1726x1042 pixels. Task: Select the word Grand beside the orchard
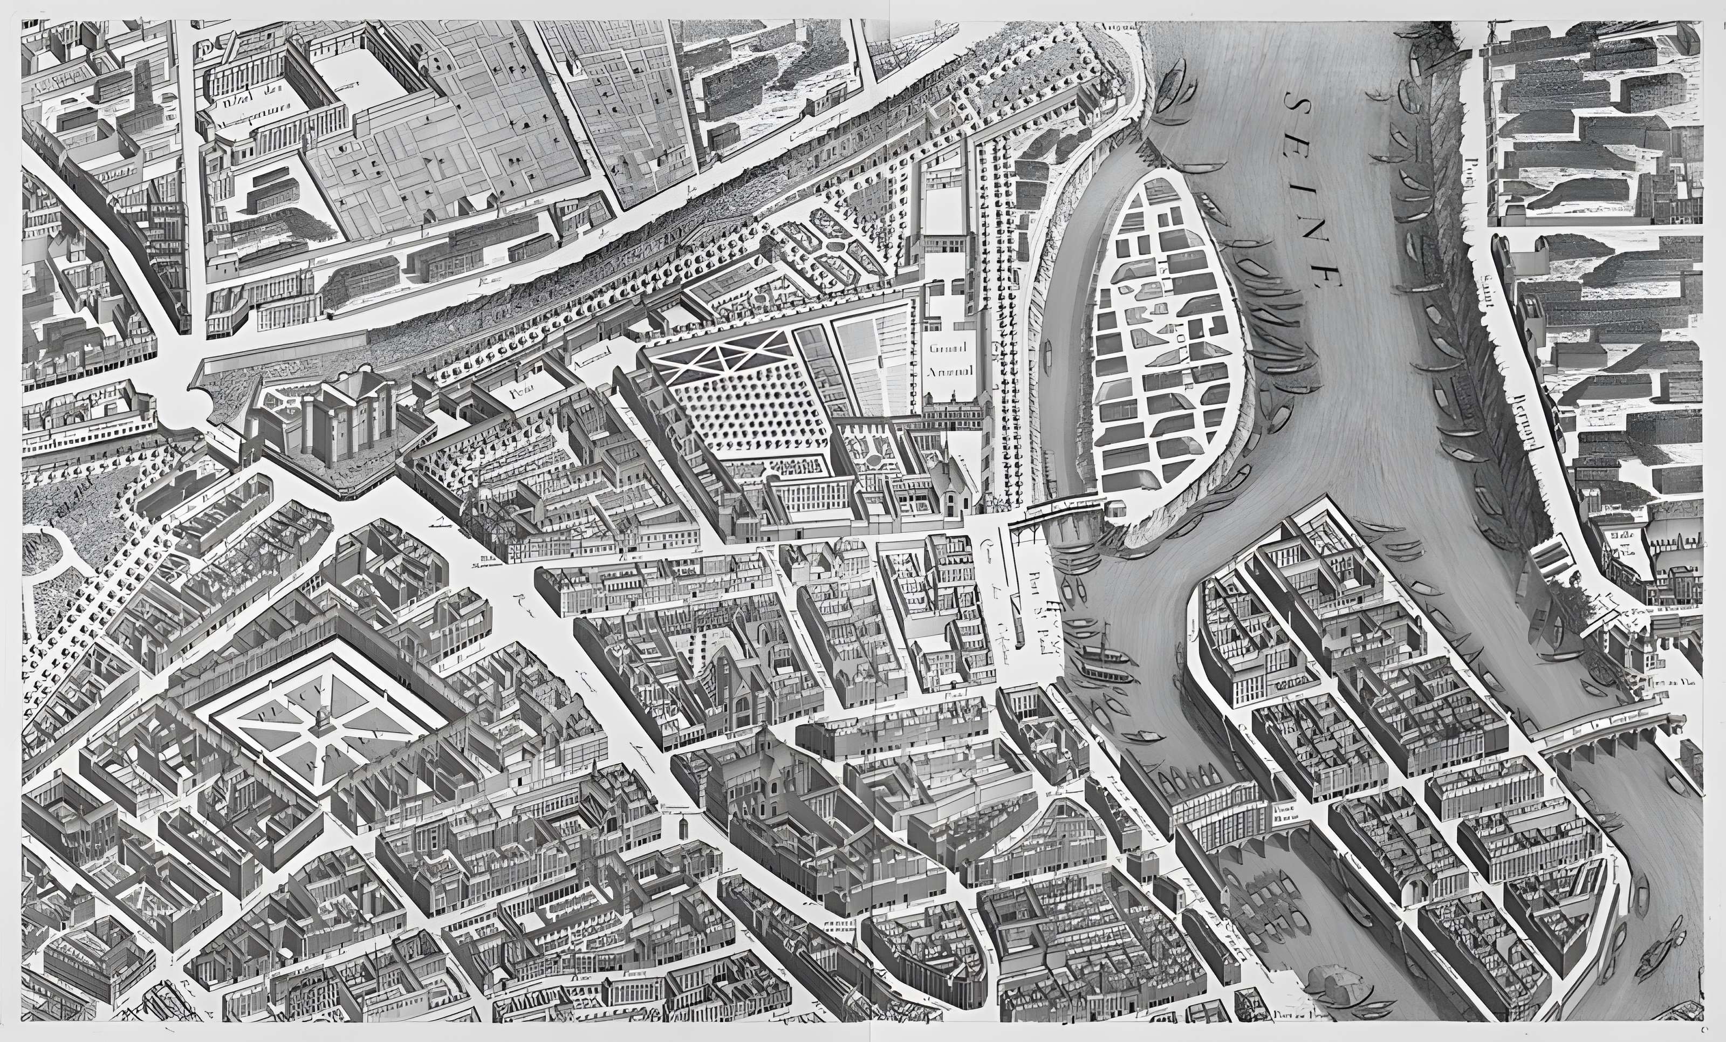[x=948, y=348]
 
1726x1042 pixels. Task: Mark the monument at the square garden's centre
[x=321, y=718]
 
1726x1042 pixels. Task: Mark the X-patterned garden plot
[x=722, y=357]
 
